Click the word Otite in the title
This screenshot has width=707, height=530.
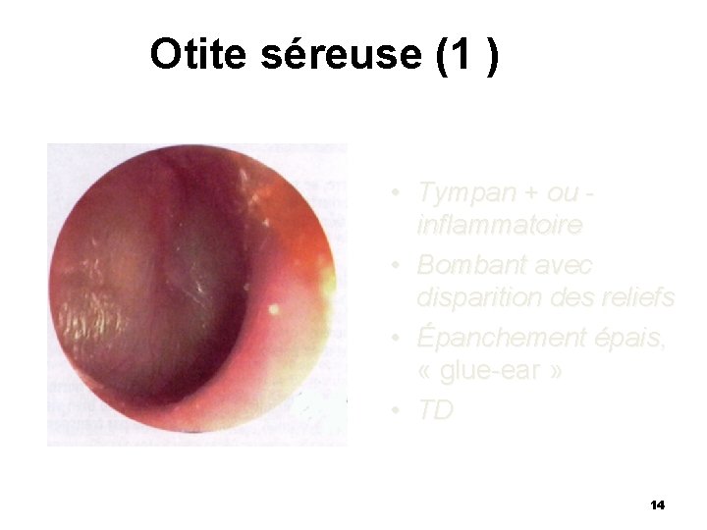pos(201,56)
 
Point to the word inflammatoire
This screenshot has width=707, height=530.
pos(499,227)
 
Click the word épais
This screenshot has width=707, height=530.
pos(627,338)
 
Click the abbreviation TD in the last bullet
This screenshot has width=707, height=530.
pos(435,409)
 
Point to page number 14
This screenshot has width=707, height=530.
pos(657,504)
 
